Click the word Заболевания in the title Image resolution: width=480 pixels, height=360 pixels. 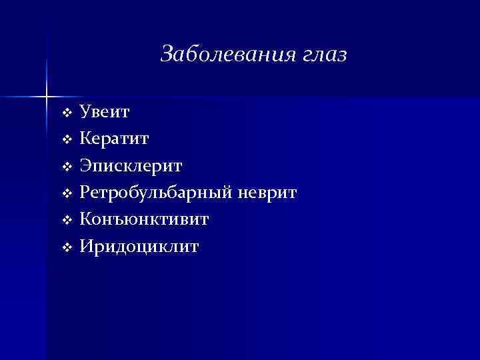tap(225, 54)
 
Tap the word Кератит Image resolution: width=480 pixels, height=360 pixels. tap(114, 139)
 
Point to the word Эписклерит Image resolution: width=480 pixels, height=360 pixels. tap(131, 166)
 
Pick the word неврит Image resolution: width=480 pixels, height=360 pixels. tap(268, 193)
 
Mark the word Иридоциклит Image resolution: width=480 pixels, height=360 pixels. tap(139, 247)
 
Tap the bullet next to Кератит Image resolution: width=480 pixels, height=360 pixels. tap(66, 139)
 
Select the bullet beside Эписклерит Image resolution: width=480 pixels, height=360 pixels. tap(66, 167)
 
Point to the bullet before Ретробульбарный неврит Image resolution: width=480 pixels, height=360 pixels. tap(66, 194)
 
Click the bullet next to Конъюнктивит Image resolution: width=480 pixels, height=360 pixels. tap(66, 221)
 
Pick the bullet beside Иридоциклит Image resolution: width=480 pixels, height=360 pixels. tap(66, 248)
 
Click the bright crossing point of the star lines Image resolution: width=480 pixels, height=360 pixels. tap(47, 97)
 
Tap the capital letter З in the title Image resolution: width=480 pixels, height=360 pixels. tap(167, 54)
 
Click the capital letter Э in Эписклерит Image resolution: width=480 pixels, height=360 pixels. tap(86, 166)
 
